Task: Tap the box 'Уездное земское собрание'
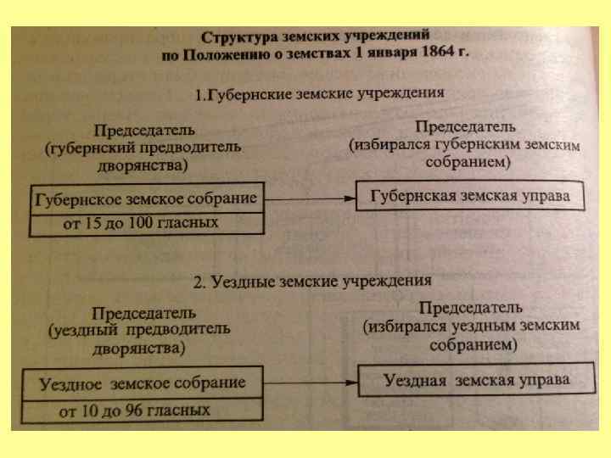click(x=143, y=383)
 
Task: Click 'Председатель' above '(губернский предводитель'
click(x=143, y=131)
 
